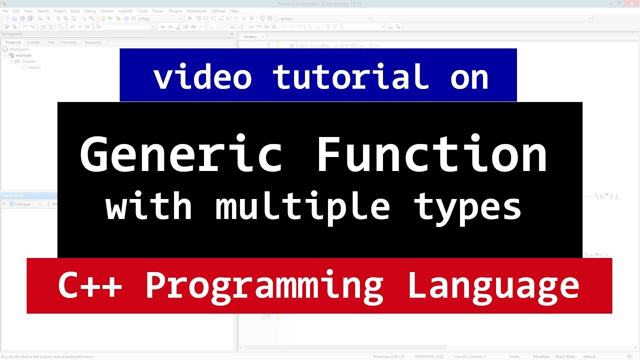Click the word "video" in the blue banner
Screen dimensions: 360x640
[x=202, y=77]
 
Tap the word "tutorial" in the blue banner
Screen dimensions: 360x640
[x=350, y=77]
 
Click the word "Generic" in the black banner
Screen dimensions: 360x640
[x=181, y=155]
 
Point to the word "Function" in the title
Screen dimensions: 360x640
[x=431, y=155]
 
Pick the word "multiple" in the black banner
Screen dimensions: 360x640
[x=302, y=206]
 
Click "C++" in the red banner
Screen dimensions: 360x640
[x=90, y=285]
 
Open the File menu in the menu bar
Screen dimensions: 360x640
[x=5, y=11]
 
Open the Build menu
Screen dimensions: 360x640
[x=75, y=11]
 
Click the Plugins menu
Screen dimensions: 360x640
[x=175, y=11]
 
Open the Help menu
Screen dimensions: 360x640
[x=234, y=11]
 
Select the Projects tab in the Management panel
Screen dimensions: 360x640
[x=13, y=42]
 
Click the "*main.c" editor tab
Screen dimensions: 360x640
[x=250, y=36]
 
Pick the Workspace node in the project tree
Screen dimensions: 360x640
[x=19, y=49]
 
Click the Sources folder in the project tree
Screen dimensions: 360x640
[x=28, y=61]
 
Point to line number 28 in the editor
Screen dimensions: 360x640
[x=265, y=316]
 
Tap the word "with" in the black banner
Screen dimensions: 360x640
[x=149, y=206]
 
